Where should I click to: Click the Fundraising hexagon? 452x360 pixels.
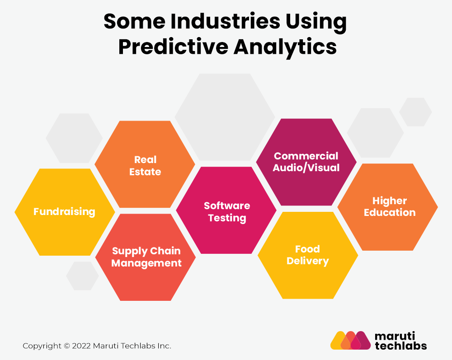click(x=65, y=212)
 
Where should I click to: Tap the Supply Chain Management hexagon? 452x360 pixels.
click(x=146, y=257)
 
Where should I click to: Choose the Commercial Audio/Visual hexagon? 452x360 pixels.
click(x=306, y=162)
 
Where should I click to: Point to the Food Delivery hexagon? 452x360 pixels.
click(x=307, y=255)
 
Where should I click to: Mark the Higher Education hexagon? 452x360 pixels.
click(x=389, y=207)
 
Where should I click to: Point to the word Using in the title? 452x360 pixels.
click(x=316, y=22)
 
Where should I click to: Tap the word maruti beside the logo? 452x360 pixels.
click(x=394, y=336)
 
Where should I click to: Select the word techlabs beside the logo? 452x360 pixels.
click(x=400, y=346)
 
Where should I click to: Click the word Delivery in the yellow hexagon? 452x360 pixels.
click(x=307, y=261)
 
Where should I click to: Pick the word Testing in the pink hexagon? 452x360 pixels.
click(x=227, y=218)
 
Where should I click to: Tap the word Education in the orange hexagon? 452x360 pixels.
click(x=390, y=213)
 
